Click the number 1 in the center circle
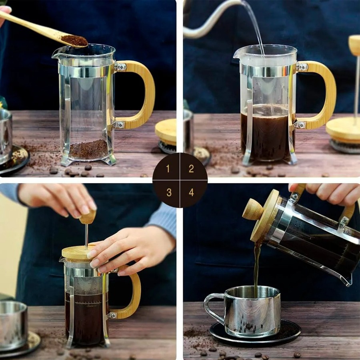[x=168, y=169]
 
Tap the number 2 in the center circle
[x=191, y=169]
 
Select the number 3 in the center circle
[x=169, y=192]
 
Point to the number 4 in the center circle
[x=192, y=192]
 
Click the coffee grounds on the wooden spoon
[x=74, y=40]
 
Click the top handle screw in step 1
[x=122, y=67]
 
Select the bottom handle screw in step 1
[x=120, y=125]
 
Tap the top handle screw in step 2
[x=303, y=67]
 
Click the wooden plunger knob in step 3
[x=88, y=217]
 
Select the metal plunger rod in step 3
[x=86, y=236]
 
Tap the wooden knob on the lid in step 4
[x=253, y=209]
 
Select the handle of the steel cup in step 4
[x=212, y=308]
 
